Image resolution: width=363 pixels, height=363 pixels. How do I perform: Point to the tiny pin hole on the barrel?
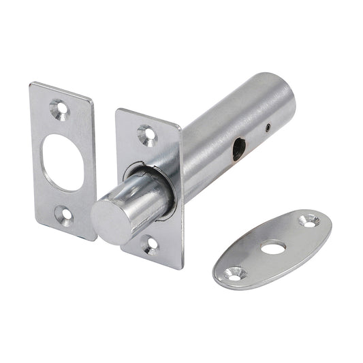pos(269,127)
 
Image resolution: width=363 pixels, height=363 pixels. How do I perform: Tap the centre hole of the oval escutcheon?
pos(274,249)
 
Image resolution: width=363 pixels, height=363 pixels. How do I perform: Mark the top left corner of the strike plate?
pos(31,85)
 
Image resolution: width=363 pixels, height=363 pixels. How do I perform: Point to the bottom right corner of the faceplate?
pos(180,267)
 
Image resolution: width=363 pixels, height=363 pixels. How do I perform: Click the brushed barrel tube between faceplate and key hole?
pos(204,150)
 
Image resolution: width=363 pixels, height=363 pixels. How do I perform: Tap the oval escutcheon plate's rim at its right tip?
pos(330,221)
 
